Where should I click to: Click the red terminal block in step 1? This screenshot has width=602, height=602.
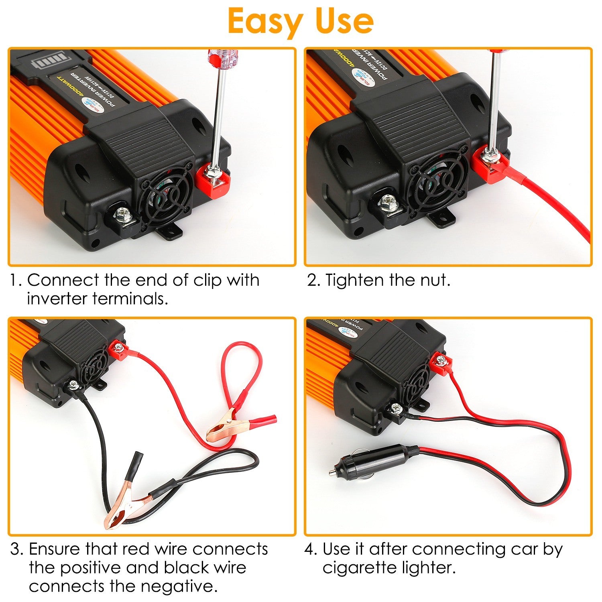(213, 181)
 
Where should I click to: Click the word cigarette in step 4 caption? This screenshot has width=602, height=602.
(359, 567)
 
